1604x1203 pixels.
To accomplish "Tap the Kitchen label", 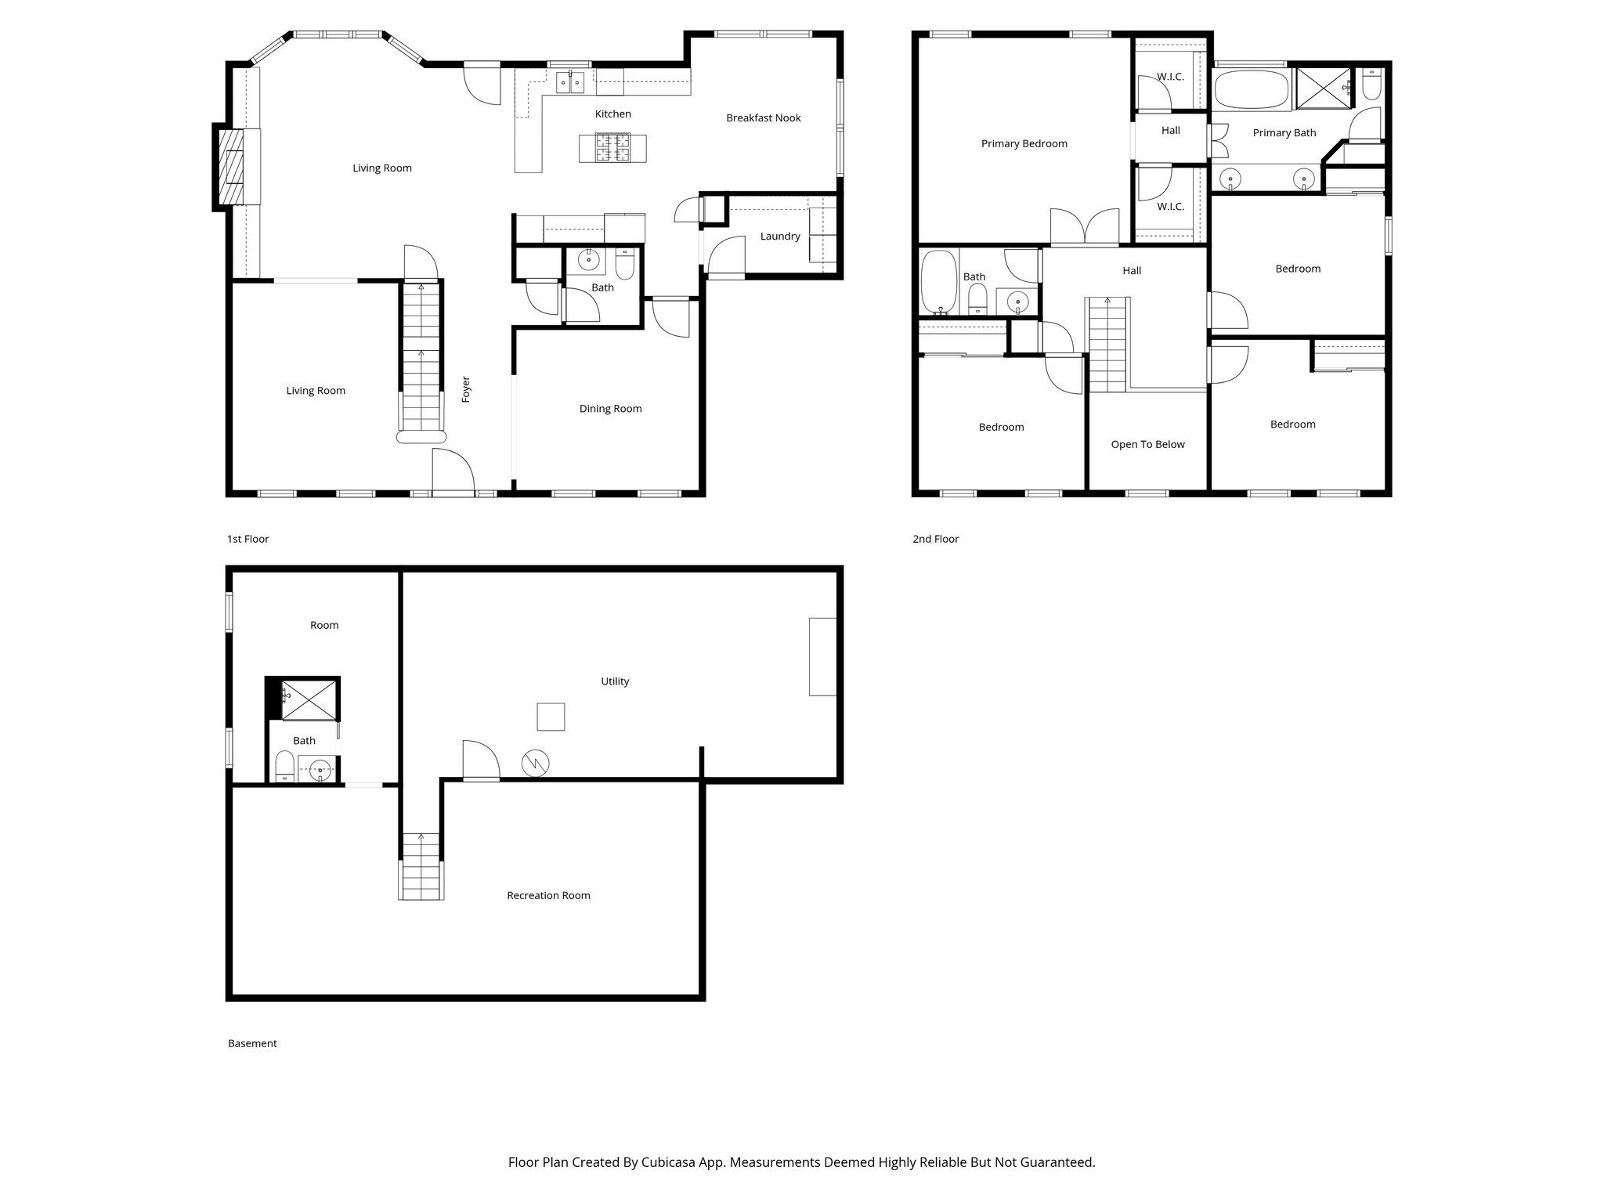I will click(612, 114).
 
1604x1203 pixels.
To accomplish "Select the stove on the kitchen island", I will click(612, 148).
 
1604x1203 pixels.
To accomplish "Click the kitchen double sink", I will click(569, 82).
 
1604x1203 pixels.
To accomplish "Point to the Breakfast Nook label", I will click(763, 118).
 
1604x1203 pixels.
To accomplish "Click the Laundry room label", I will click(779, 237).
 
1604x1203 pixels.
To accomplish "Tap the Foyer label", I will click(466, 389).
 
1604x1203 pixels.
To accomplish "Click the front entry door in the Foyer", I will click(453, 472).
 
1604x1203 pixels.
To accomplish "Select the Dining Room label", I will click(610, 409).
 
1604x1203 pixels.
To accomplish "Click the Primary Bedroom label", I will click(1024, 144).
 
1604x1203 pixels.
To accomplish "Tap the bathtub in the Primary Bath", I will click(1251, 89).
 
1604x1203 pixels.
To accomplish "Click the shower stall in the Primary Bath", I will click(1323, 88).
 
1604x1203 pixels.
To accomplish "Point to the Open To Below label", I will click(1147, 445).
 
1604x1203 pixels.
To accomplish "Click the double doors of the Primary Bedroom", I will click(1085, 227).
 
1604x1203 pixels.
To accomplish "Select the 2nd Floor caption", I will click(935, 539).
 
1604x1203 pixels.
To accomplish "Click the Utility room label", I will click(615, 681).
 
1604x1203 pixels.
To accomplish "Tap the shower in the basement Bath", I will click(309, 699).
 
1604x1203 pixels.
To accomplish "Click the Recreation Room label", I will click(548, 896).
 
